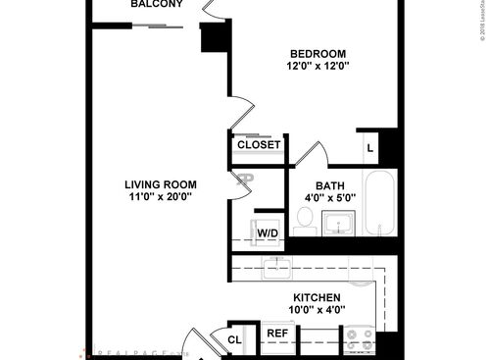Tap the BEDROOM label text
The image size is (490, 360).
[318, 53]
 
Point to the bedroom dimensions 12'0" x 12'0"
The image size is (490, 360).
[318, 67]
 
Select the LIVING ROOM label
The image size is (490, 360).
[161, 183]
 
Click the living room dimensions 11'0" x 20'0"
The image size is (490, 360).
[161, 196]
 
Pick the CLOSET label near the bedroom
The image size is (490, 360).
[260, 145]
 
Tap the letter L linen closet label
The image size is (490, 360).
[369, 147]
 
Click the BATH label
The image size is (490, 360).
[329, 185]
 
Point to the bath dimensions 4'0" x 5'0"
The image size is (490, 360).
[329, 197]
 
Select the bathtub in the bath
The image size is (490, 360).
[380, 203]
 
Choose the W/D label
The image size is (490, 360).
[268, 232]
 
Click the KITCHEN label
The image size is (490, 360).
[317, 297]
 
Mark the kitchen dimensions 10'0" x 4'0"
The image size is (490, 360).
[317, 310]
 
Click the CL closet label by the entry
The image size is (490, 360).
[235, 339]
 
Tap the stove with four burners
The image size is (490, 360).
[361, 339]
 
